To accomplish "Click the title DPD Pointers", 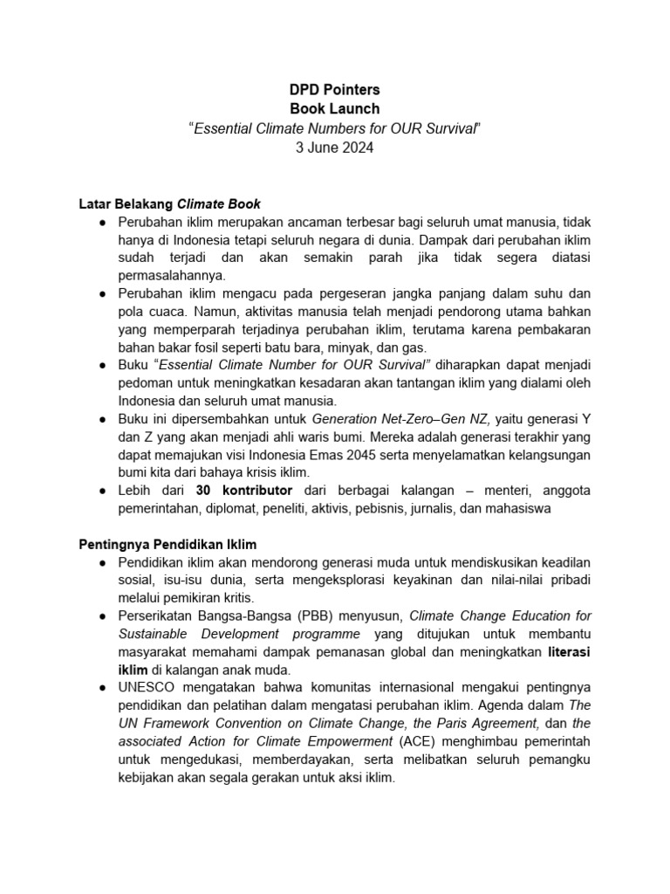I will (335, 89).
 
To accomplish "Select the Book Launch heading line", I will (335, 109).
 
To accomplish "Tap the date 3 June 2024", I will (335, 148).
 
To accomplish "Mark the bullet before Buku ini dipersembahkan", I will (104, 420).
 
